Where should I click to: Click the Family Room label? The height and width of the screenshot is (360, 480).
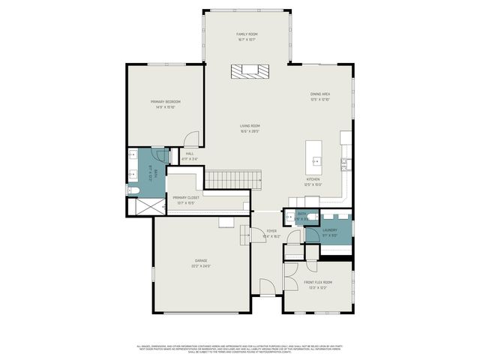[247, 36]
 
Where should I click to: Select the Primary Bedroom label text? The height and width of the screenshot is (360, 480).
[165, 103]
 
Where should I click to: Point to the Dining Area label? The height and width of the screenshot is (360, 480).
[320, 96]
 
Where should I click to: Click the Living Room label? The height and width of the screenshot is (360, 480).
[250, 127]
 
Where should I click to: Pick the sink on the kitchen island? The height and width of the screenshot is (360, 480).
[316, 160]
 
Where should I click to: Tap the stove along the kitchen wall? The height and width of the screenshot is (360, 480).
[344, 163]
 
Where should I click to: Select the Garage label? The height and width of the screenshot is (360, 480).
[201, 262]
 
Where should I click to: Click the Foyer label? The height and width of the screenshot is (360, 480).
[271, 233]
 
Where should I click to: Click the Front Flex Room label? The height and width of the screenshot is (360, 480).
[317, 284]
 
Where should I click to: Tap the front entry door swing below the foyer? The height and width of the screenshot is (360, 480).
[266, 287]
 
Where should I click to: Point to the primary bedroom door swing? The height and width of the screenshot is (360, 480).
[193, 139]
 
